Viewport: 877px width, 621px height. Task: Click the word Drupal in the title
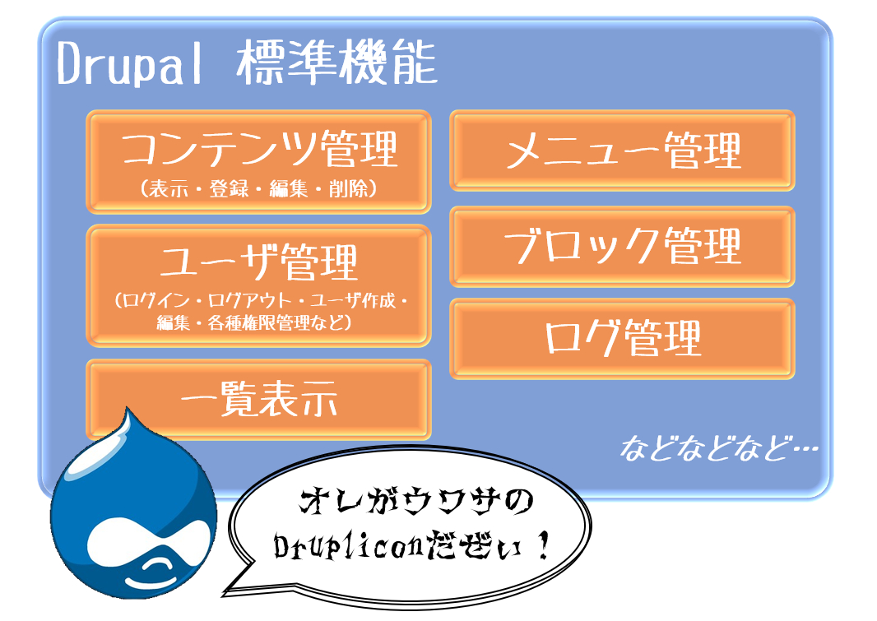[x=129, y=63]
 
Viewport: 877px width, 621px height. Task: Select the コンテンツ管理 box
[x=258, y=162]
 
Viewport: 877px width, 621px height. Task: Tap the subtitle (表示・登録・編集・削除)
[x=258, y=189]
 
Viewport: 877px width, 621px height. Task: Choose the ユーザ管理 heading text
[x=258, y=262]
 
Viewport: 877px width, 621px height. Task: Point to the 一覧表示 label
[x=258, y=399]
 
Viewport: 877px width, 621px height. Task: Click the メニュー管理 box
[x=622, y=151]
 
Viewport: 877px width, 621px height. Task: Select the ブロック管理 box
[x=622, y=247]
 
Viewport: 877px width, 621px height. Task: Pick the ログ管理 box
[x=622, y=339]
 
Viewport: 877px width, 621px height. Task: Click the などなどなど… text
[x=719, y=448]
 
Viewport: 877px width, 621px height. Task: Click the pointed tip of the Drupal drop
[x=128, y=408]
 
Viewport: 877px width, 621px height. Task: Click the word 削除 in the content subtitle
[x=347, y=189]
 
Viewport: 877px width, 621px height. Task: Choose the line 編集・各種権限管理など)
[x=254, y=322]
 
